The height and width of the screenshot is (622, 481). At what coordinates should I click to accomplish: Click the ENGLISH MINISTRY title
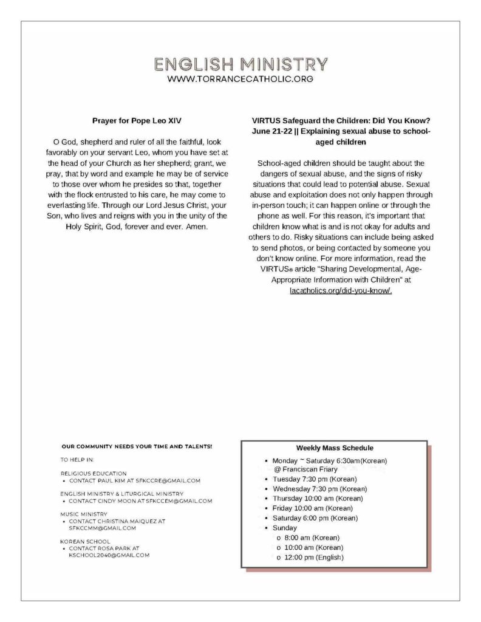241,64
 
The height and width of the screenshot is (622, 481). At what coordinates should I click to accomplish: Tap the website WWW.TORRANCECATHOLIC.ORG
241,79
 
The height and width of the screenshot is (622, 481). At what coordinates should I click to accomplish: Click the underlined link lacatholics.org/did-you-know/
341,290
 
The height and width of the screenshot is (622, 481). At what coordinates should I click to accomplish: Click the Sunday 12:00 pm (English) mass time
313,558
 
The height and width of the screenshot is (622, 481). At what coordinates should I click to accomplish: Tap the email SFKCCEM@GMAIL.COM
179,501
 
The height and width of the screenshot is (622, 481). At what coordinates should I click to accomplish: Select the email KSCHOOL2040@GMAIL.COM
109,555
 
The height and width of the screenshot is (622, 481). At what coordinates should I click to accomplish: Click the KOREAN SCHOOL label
85,541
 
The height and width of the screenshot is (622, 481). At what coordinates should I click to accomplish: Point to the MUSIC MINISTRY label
84,514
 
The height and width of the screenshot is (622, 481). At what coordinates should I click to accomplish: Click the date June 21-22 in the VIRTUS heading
270,131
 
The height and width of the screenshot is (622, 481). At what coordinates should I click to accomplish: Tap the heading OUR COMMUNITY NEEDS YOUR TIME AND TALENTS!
137,446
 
